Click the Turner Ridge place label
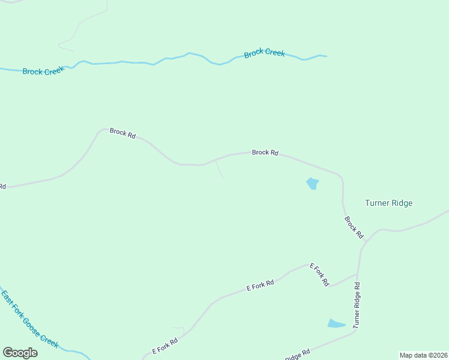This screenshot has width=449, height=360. pyautogui.click(x=388, y=203)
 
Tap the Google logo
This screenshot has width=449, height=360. pyautogui.click(x=20, y=353)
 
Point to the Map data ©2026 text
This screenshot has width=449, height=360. pyautogui.click(x=423, y=355)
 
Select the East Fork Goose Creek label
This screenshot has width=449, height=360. pyautogui.click(x=30, y=319)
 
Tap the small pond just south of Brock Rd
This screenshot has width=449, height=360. pyautogui.click(x=312, y=184)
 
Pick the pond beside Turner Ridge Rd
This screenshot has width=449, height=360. pyautogui.click(x=336, y=324)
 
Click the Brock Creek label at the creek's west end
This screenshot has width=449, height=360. pyautogui.click(x=43, y=71)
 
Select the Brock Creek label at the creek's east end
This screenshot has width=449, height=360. pyautogui.click(x=264, y=53)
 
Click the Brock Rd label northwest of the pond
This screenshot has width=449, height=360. pyautogui.click(x=265, y=152)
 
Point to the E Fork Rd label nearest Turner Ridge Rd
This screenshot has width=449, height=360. pyautogui.click(x=319, y=274)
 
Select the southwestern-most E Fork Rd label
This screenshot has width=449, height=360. pyautogui.click(x=164, y=346)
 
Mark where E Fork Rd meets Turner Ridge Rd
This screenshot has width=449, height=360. pyautogui.click(x=358, y=274)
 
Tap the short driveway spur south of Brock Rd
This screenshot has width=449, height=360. pyautogui.click(x=220, y=170)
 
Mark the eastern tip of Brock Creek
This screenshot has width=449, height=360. pyautogui.click(x=326, y=56)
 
